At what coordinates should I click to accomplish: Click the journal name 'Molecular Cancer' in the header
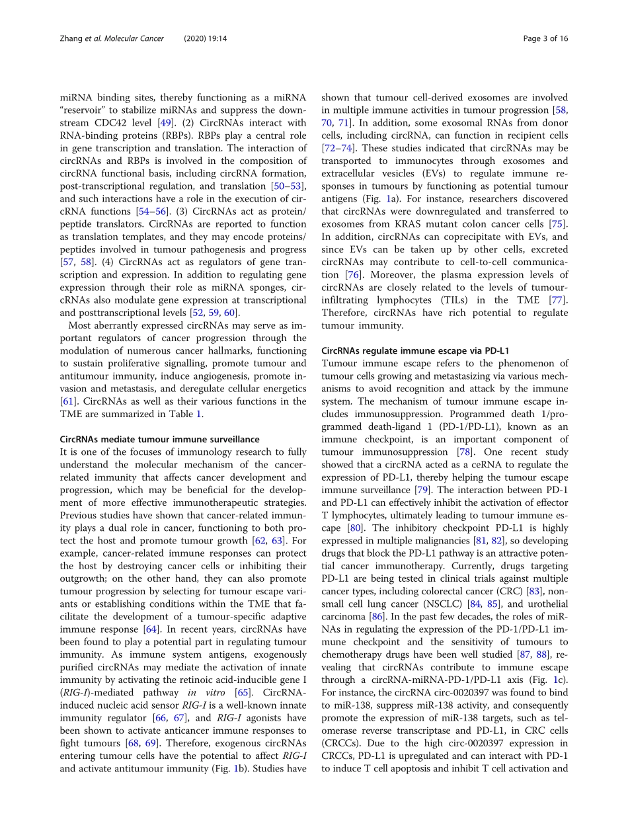point(124,39)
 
